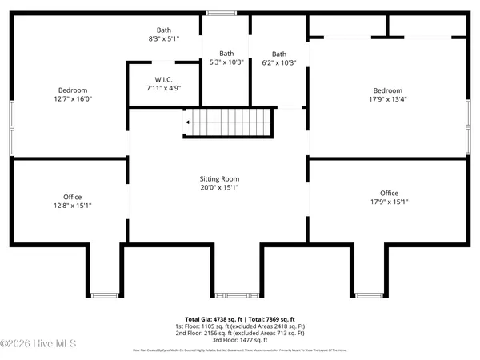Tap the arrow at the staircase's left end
[x=188, y=122]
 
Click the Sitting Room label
[x=219, y=179]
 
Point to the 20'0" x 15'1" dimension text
[x=219, y=187]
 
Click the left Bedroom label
[x=72, y=90]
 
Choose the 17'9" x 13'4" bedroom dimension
[x=386, y=99]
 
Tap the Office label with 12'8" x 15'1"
[x=72, y=197]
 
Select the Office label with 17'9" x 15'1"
[x=389, y=194]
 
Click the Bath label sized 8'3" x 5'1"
[x=165, y=30]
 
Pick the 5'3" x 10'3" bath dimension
[x=227, y=62]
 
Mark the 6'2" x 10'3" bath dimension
[x=279, y=63]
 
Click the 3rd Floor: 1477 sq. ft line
[x=240, y=340]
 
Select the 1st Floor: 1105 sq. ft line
[x=240, y=326]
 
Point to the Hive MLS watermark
[x=38, y=344]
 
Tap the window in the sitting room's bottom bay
[x=231, y=295]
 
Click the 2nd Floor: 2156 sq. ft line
[x=240, y=333]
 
